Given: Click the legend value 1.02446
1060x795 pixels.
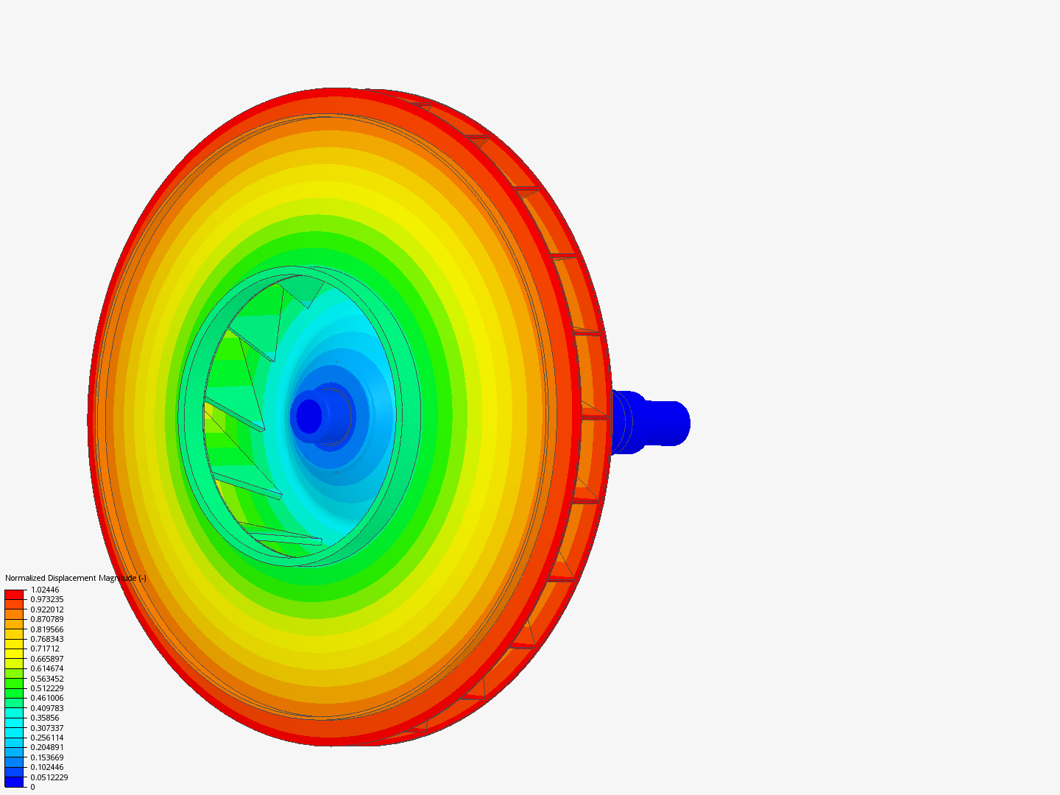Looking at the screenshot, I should click(45, 590).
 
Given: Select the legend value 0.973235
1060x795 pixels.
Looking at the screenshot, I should click(47, 600).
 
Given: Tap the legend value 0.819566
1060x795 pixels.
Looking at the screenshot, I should click(47, 629).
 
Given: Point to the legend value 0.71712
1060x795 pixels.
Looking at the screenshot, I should click(45, 649).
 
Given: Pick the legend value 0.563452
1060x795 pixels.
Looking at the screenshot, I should click(47, 679).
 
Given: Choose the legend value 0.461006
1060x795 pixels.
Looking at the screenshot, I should click(47, 699).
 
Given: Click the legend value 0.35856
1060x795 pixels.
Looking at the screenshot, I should click(45, 718).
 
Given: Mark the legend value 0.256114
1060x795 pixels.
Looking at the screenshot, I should click(47, 738).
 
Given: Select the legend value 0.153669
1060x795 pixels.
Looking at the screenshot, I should click(47, 757).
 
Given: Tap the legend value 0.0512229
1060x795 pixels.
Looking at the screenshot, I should click(49, 777).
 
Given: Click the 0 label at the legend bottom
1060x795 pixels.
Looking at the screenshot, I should click(32, 787).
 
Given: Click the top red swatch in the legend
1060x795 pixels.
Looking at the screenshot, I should click(14, 594).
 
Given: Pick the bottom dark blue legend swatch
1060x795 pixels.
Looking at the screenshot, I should click(14, 782).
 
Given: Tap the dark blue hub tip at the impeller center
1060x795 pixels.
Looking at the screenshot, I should click(309, 416).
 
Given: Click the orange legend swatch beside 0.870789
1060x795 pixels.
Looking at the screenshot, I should click(14, 623).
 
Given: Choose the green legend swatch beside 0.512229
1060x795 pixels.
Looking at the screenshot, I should click(14, 693).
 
